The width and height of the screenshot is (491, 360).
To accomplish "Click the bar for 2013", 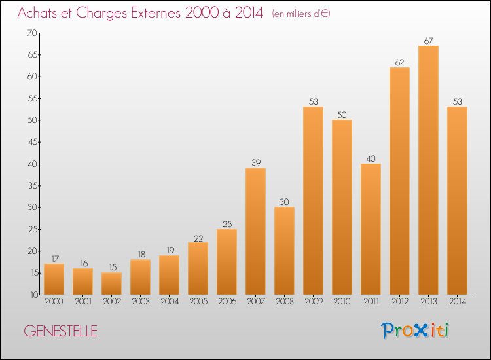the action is pyautogui.click(x=428, y=170).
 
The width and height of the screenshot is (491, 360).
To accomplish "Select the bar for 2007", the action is pyautogui.click(x=255, y=231).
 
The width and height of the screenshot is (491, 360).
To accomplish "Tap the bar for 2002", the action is pyautogui.click(x=111, y=283).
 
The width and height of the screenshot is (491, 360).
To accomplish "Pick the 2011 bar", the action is pyautogui.click(x=371, y=229).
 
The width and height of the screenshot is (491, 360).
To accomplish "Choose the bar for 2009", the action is pyautogui.click(x=313, y=201).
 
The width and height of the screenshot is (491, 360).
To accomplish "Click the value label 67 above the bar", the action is pyautogui.click(x=428, y=41).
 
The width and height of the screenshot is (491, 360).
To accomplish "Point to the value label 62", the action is pyautogui.click(x=399, y=62).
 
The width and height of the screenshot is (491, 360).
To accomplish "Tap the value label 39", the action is pyautogui.click(x=256, y=162).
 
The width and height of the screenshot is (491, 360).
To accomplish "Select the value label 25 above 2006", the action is pyautogui.click(x=227, y=224).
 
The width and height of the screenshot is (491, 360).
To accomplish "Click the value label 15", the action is pyautogui.click(x=113, y=267).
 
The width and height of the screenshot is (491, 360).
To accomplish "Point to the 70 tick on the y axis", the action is pyautogui.click(x=32, y=33).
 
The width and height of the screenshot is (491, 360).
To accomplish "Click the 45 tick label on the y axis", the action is pyautogui.click(x=32, y=142).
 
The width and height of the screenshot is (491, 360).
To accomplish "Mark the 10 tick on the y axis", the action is pyautogui.click(x=34, y=295).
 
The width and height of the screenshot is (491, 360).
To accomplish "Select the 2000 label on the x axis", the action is pyautogui.click(x=54, y=301).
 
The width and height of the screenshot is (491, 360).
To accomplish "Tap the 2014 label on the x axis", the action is pyautogui.click(x=458, y=301).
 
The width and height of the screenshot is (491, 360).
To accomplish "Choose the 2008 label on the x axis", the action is pyautogui.click(x=285, y=301).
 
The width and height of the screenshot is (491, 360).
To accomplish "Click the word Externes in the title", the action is pyautogui.click(x=156, y=12).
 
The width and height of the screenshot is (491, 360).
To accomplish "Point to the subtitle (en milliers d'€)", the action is pyautogui.click(x=301, y=14).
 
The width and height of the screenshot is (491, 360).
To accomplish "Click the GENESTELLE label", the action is pyautogui.click(x=60, y=331).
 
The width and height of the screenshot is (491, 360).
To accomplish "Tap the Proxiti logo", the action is pyautogui.click(x=415, y=331).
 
